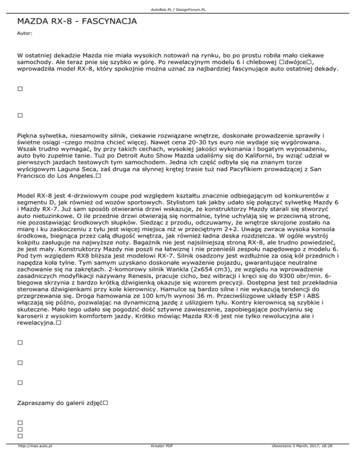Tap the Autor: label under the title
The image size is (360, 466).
24,34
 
